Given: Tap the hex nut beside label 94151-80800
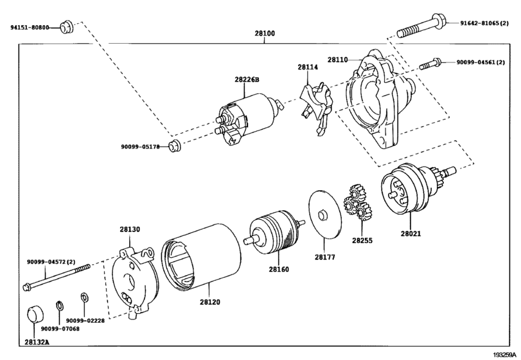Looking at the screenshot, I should coord(65,27).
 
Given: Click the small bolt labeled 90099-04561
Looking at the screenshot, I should coord(430,64).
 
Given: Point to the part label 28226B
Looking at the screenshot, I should coord(246,79).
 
